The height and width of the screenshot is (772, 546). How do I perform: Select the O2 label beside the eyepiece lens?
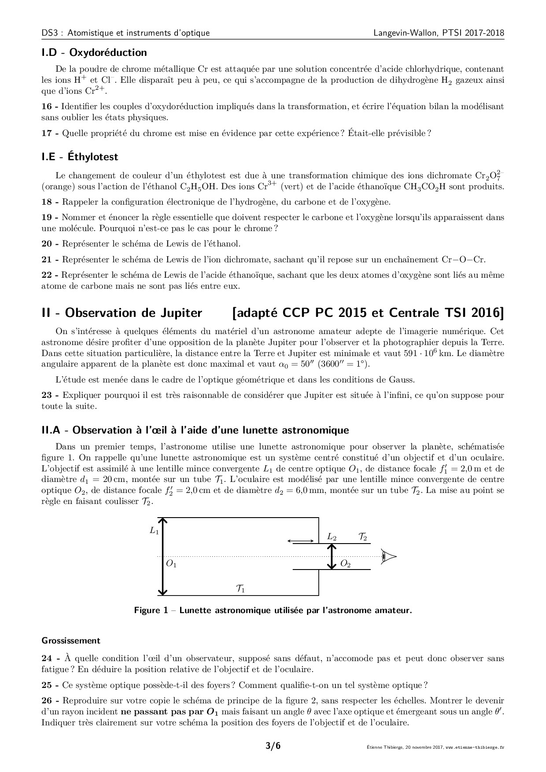click(x=346, y=564)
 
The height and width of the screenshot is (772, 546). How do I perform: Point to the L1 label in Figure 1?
click(x=154, y=531)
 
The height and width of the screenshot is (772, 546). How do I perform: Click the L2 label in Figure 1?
click(x=332, y=537)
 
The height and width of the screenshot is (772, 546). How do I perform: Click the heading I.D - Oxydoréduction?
click(x=94, y=52)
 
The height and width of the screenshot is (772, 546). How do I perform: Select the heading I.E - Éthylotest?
click(x=80, y=157)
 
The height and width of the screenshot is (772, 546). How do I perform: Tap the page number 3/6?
click(x=273, y=746)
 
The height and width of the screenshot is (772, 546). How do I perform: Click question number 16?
click(x=47, y=107)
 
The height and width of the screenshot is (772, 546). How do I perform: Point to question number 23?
click(x=47, y=395)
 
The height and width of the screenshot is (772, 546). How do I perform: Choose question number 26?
click(x=47, y=700)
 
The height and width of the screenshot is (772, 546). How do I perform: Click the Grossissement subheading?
click(x=70, y=640)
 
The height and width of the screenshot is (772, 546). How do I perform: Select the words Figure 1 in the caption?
click(x=152, y=610)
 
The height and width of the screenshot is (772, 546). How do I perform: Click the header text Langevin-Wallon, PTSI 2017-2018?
click(x=439, y=33)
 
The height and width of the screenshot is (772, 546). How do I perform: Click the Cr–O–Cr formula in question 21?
click(x=463, y=260)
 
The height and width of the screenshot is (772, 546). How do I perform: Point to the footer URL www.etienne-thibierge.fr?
click(x=475, y=747)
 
